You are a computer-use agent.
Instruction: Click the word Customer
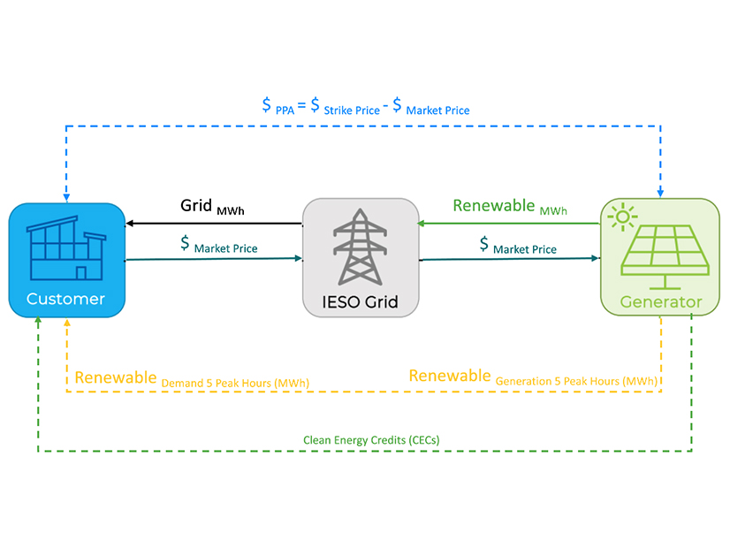(65, 299)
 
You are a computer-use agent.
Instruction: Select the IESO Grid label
(360, 302)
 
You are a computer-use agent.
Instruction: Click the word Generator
(660, 302)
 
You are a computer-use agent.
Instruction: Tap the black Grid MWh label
(212, 207)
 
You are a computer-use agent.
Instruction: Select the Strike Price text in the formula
(353, 110)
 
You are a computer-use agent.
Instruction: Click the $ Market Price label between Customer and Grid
(218, 245)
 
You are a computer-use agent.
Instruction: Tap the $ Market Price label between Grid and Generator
(518, 245)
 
